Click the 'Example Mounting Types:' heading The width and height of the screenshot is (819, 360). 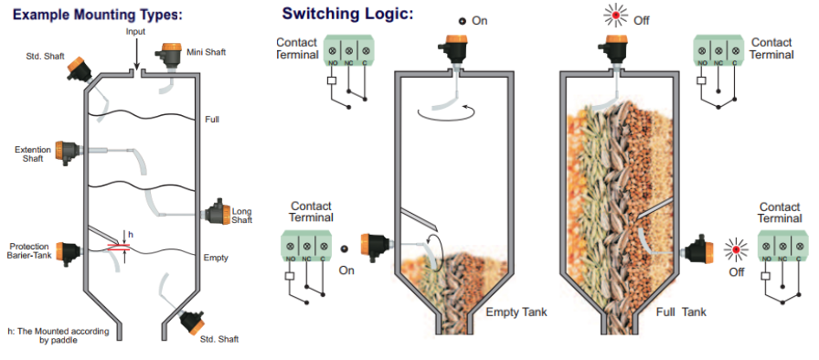[98, 14]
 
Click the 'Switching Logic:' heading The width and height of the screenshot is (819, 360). [347, 13]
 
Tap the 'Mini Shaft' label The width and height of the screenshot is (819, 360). [207, 52]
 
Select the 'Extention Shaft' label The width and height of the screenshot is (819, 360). [33, 154]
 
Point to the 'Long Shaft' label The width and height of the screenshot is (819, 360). [242, 216]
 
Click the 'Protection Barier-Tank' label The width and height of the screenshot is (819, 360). [29, 250]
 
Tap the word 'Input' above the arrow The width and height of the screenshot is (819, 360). [135, 32]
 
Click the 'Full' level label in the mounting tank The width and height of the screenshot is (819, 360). [212, 120]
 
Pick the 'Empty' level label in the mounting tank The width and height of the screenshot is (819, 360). [216, 258]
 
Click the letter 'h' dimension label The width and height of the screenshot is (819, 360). [130, 235]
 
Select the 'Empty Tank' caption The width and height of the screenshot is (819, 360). [516, 312]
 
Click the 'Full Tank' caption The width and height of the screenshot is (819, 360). [681, 312]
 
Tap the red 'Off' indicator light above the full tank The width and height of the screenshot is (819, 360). [616, 16]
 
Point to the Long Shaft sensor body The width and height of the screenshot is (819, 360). [218, 213]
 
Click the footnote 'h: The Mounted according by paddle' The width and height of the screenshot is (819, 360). [58, 335]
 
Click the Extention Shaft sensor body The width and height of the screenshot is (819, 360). [67, 153]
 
